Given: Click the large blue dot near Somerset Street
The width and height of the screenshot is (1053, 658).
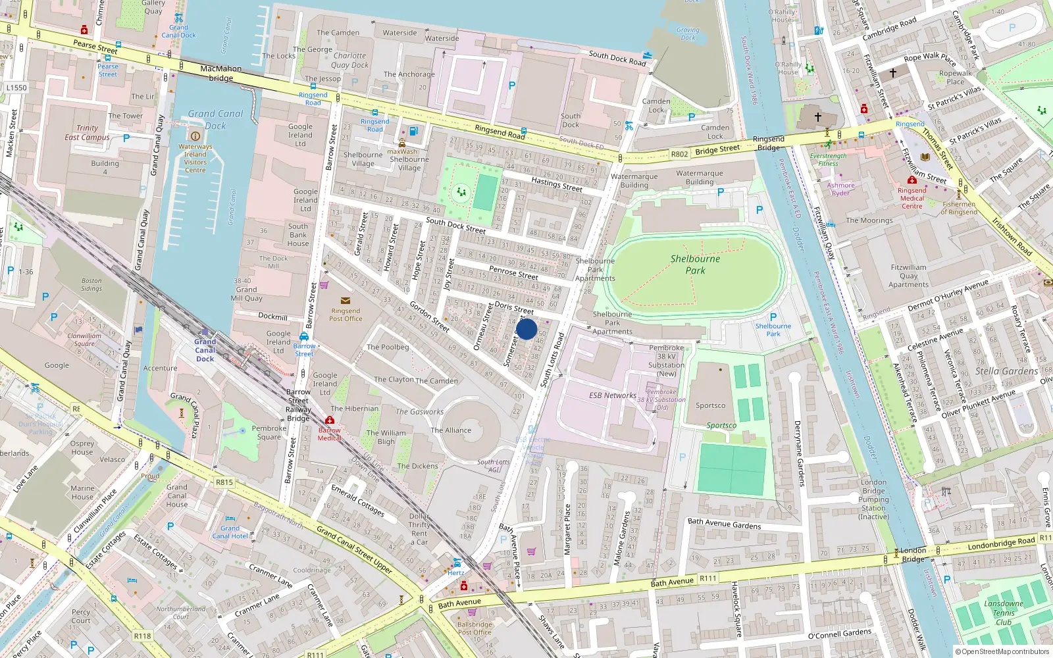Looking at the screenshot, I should tap(526, 328).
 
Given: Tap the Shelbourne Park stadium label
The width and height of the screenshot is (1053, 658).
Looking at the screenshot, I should tap(695, 265).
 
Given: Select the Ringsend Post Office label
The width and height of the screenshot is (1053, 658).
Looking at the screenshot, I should tap(346, 315).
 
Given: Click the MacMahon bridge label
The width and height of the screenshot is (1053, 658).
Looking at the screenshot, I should tap(221, 73).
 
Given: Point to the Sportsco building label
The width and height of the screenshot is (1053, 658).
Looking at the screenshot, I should tap(710, 405).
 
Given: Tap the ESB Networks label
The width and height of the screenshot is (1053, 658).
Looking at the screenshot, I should tap(612, 395).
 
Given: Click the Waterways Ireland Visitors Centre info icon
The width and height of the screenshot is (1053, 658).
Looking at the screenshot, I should tap(195, 136).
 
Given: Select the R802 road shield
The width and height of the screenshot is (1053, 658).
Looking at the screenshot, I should tap(679, 154).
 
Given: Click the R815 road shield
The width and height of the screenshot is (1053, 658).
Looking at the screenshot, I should tap(224, 482).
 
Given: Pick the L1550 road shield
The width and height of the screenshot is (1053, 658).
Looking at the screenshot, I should tap(16, 88).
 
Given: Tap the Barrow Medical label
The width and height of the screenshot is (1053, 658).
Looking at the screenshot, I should tap(330, 434).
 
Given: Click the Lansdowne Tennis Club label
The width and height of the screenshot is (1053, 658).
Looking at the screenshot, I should tap(1004, 613).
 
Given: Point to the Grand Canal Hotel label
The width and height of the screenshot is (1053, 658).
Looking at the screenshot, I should tap(230, 532).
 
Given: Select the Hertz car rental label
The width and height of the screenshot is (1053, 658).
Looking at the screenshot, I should tap(455, 572).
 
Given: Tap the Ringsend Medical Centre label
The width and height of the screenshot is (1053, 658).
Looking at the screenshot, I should tap(912, 198).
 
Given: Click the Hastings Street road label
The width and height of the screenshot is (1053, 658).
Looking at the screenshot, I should tap(557, 184).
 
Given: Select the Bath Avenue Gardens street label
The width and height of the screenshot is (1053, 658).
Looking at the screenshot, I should tap(724, 524).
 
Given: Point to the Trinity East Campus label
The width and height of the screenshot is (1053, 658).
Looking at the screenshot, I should tap(87, 133).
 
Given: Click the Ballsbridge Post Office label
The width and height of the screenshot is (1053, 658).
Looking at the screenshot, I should tap(474, 628).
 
